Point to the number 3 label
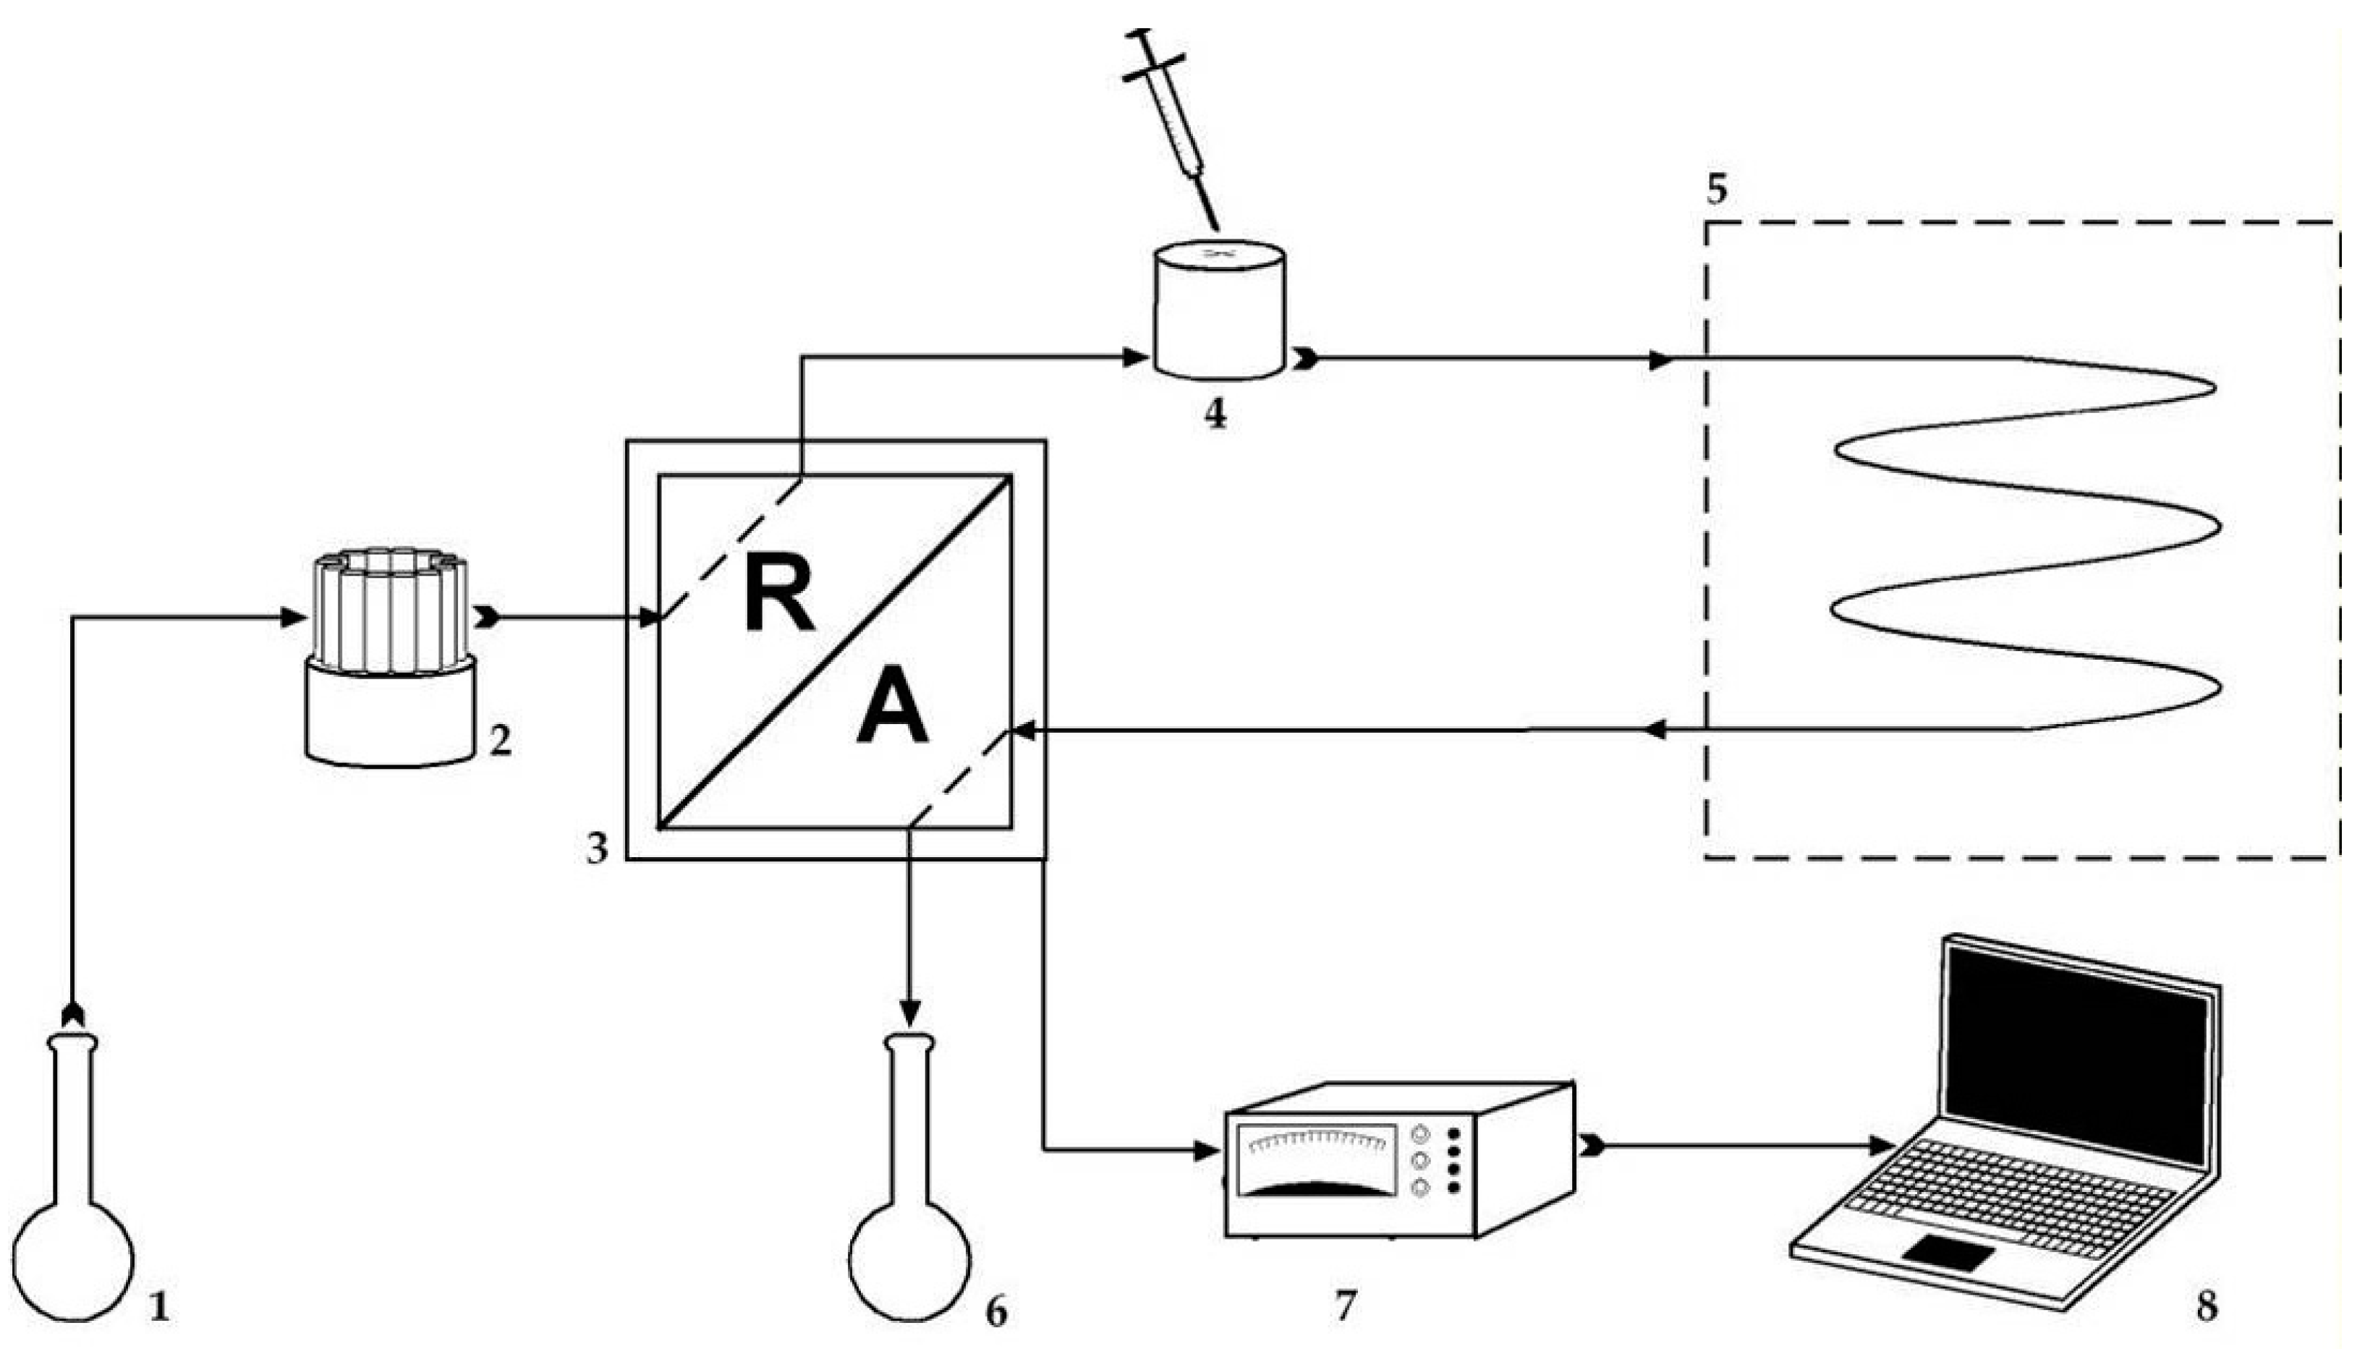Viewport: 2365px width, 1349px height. tap(597, 848)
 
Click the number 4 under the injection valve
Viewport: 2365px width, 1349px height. tap(1215, 414)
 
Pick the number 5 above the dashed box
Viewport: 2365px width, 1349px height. tap(1716, 189)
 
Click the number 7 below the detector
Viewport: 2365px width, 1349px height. tap(1345, 1306)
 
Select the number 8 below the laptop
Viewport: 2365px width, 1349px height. tap(2207, 1306)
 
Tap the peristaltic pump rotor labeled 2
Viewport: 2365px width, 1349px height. tap(388, 611)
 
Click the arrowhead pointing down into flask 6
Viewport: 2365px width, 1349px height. tap(910, 1010)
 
